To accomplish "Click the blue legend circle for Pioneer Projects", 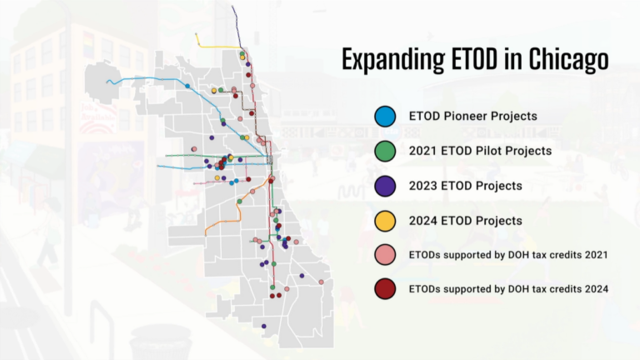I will click(385, 117).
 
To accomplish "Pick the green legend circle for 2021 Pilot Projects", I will click(385, 152).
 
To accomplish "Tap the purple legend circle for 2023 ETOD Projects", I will click(385, 186).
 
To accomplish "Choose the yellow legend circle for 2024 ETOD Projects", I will click(385, 221).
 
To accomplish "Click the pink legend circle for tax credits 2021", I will click(385, 254).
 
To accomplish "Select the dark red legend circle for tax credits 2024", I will click(385, 288).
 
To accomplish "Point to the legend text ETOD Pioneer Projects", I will click(472, 117).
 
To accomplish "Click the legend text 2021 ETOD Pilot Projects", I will click(480, 152).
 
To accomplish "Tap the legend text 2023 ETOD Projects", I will click(465, 186).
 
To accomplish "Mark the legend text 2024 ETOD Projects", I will click(465, 221).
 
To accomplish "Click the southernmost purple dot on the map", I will click(263, 326).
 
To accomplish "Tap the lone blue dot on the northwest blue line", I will click(187, 86).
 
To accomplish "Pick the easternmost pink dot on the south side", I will click(321, 282).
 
